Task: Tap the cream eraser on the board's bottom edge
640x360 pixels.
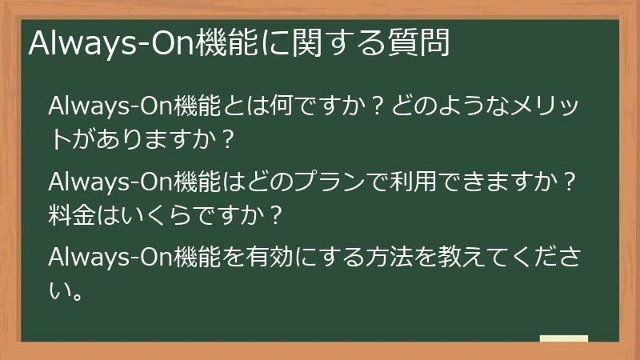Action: point(563,338)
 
